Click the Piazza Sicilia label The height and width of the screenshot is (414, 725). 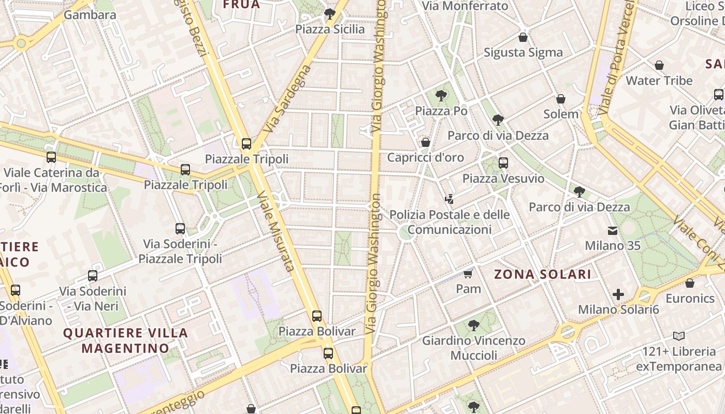[330, 29]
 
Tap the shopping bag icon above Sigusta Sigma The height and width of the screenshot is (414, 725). [523, 37]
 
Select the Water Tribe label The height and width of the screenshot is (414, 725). [659, 81]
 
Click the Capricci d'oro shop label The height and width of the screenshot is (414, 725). [426, 157]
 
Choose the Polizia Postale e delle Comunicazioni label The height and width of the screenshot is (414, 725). [450, 222]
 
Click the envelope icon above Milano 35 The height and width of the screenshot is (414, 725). [613, 231]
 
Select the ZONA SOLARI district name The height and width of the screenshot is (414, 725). [542, 274]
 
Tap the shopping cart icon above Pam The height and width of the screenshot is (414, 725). [468, 274]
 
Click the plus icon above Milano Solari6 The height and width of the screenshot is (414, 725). [618, 295]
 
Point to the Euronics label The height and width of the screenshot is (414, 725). [690, 299]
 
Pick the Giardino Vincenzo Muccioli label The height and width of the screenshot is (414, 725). [474, 348]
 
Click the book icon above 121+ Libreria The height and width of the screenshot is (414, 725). [679, 336]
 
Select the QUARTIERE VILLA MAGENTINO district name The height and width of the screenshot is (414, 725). [125, 340]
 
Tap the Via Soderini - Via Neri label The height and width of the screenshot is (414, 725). [93, 299]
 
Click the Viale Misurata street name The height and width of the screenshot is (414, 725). [275, 231]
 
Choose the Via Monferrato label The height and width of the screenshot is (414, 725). [465, 6]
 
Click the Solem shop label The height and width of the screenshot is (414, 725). [561, 114]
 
